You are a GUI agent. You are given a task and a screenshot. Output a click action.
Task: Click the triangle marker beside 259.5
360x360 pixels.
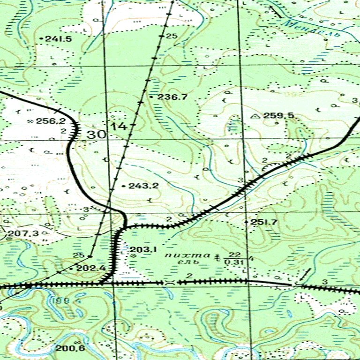pos(255,115)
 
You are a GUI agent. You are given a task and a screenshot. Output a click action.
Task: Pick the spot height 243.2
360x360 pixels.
pos(143,186)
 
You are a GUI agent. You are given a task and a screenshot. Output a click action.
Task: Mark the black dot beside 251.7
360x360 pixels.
pos(247,221)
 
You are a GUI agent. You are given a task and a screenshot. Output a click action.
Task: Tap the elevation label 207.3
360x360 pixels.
pos(23,233)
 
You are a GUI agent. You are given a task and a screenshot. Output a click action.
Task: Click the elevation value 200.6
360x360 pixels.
pos(70,348)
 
